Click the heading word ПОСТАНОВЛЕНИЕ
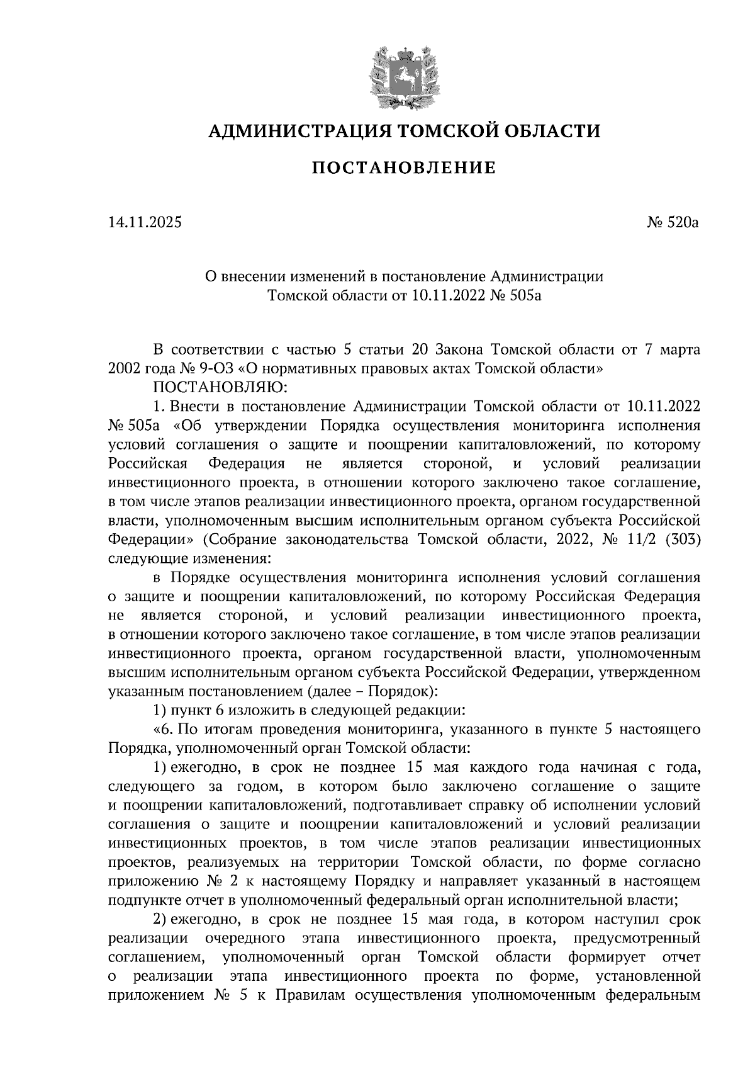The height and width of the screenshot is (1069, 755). tap(405, 168)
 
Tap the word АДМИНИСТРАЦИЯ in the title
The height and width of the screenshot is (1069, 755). tap(294, 131)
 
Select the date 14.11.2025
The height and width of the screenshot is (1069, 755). tap(145, 222)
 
